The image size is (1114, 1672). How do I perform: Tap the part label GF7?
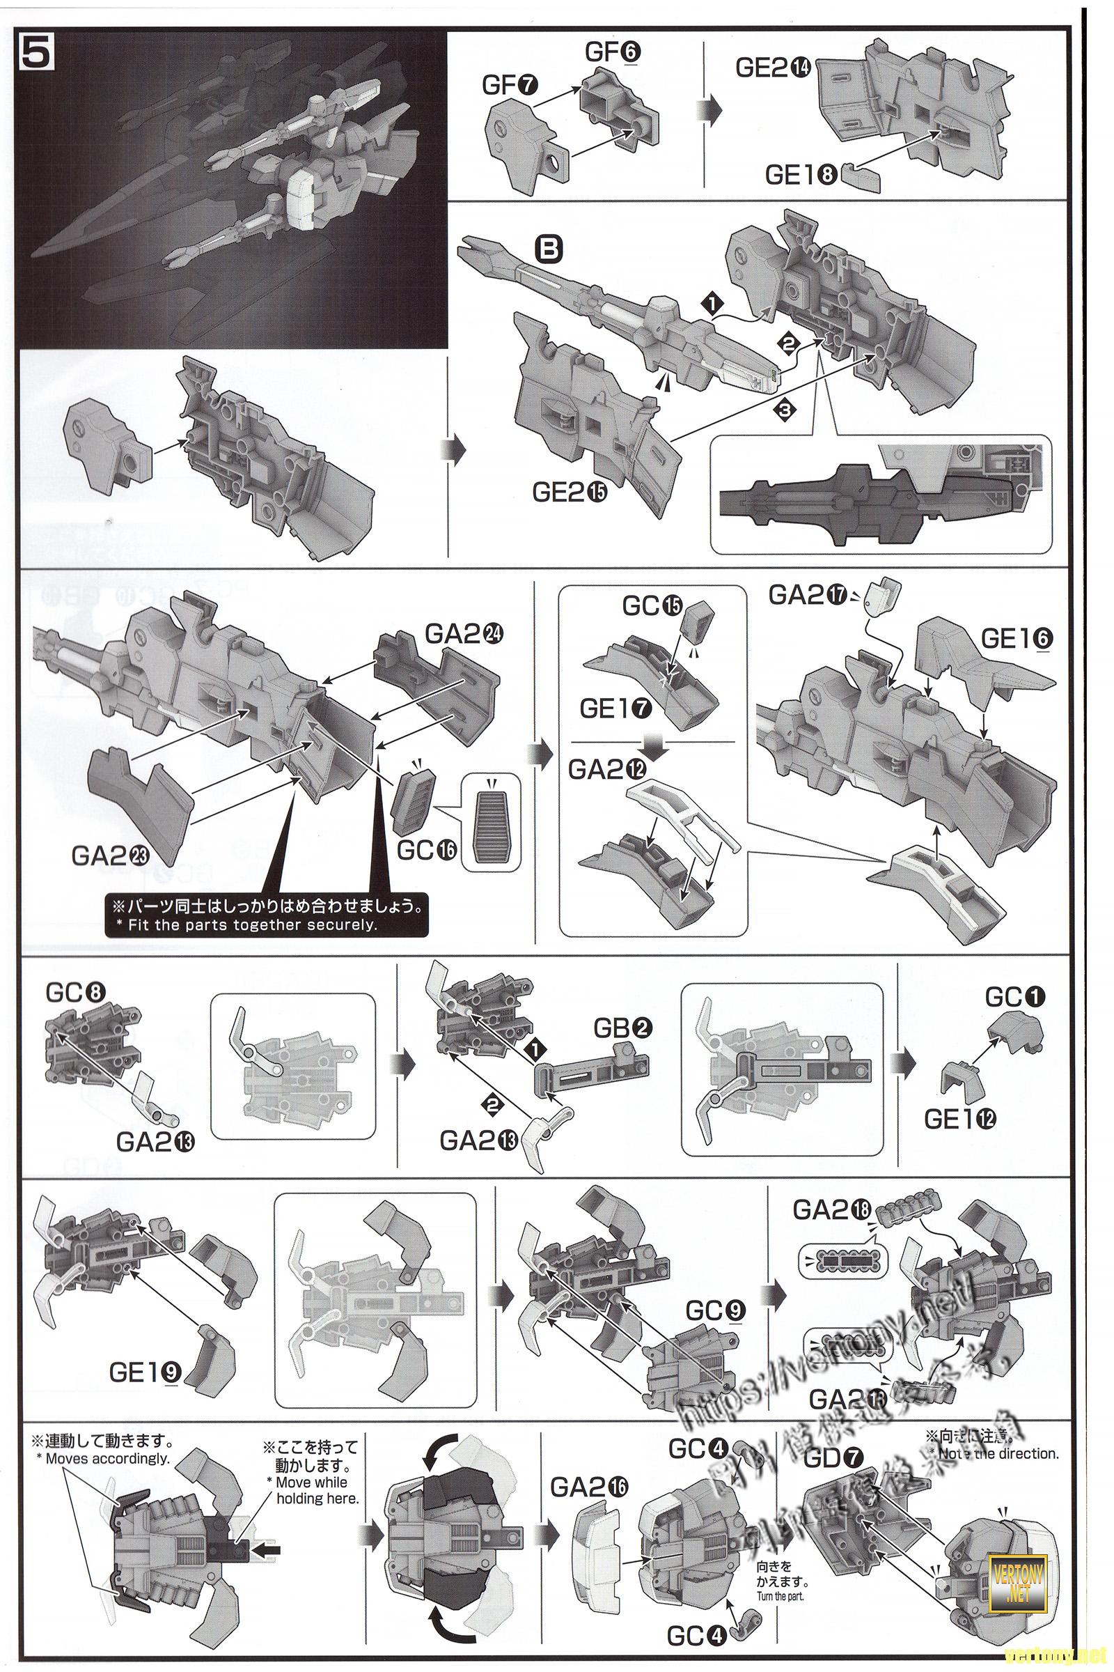tap(510, 86)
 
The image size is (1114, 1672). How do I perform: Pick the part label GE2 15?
tap(570, 493)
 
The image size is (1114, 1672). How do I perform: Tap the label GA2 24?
tap(462, 633)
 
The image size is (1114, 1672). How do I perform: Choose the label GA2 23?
tap(109, 856)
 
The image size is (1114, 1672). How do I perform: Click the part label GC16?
tap(426, 850)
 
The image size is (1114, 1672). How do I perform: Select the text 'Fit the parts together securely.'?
tap(252, 925)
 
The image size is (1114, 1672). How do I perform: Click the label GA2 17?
tap(806, 595)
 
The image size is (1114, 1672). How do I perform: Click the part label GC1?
tap(1015, 998)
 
